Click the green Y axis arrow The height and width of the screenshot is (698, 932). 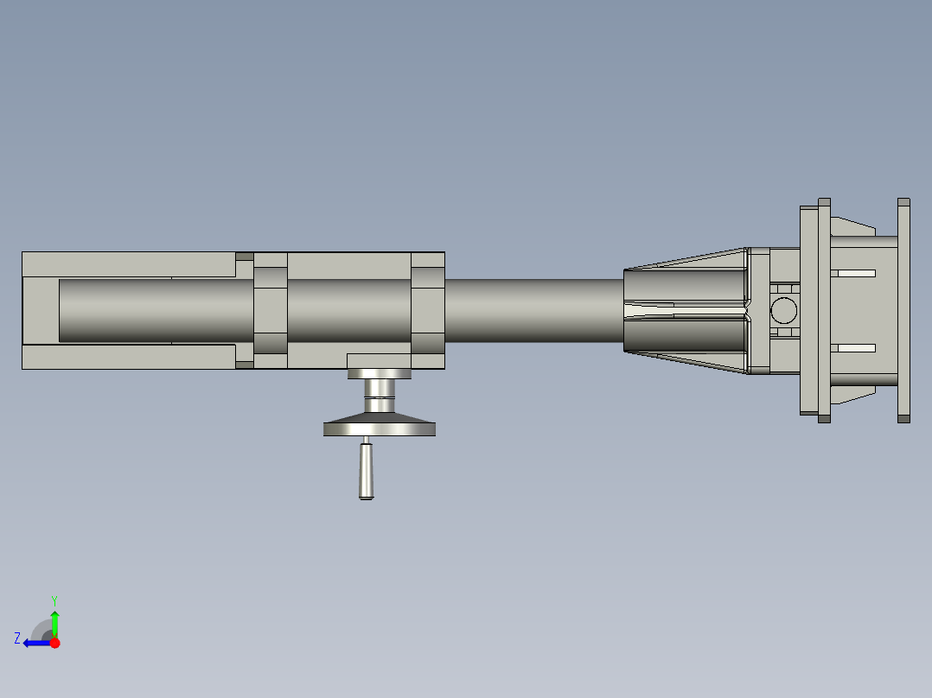click(54, 622)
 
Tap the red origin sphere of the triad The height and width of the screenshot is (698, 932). click(54, 643)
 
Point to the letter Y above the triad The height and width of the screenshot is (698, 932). click(54, 600)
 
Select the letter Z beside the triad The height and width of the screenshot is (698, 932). click(17, 638)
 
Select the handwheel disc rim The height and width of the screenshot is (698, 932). click(379, 428)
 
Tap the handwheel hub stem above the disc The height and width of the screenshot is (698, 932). click(379, 403)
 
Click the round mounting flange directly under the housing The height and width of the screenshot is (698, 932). click(379, 374)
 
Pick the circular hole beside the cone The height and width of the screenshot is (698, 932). click(784, 309)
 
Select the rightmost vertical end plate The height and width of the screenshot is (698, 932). click(903, 309)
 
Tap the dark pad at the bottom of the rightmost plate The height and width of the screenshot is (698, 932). click(903, 419)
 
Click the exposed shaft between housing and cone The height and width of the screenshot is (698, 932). click(533, 309)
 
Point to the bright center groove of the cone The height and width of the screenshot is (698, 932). click(683, 308)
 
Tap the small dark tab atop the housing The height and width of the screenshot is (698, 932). click(245, 257)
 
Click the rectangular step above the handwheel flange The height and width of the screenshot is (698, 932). click(379, 360)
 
